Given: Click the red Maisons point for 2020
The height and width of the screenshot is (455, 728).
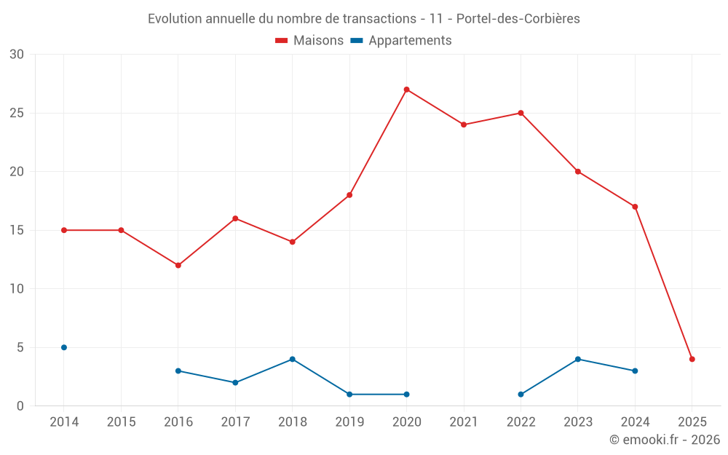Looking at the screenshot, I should (406, 90).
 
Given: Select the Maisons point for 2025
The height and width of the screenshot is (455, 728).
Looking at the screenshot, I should (692, 359).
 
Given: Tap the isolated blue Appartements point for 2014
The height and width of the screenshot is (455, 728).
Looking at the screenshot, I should (64, 347).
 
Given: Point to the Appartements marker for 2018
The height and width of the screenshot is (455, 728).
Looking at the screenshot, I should (292, 359).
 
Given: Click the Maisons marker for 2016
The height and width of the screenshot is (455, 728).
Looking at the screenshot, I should (178, 265).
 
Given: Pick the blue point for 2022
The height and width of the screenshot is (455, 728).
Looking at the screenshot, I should (521, 394).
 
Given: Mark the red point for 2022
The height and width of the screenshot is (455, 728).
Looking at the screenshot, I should (521, 113).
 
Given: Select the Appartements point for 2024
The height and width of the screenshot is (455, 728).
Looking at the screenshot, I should (635, 371).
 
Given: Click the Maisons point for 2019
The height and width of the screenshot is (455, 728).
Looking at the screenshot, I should (349, 195).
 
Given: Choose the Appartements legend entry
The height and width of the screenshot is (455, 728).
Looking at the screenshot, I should (401, 41).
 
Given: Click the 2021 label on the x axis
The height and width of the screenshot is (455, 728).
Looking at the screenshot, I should (463, 422).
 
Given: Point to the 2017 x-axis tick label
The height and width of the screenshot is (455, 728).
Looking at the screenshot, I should (235, 422).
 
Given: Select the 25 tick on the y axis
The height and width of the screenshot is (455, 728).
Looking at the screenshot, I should (17, 113).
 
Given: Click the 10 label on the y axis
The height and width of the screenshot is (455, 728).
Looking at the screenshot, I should (17, 288).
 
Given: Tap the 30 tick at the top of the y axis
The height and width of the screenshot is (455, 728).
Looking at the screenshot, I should (17, 55).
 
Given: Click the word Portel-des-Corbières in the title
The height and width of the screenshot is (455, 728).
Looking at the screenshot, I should (518, 19).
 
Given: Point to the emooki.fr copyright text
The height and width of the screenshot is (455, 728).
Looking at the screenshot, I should (664, 440).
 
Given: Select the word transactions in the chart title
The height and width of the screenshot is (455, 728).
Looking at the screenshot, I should (376, 19).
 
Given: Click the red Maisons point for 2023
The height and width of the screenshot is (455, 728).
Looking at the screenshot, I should (577, 172).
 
